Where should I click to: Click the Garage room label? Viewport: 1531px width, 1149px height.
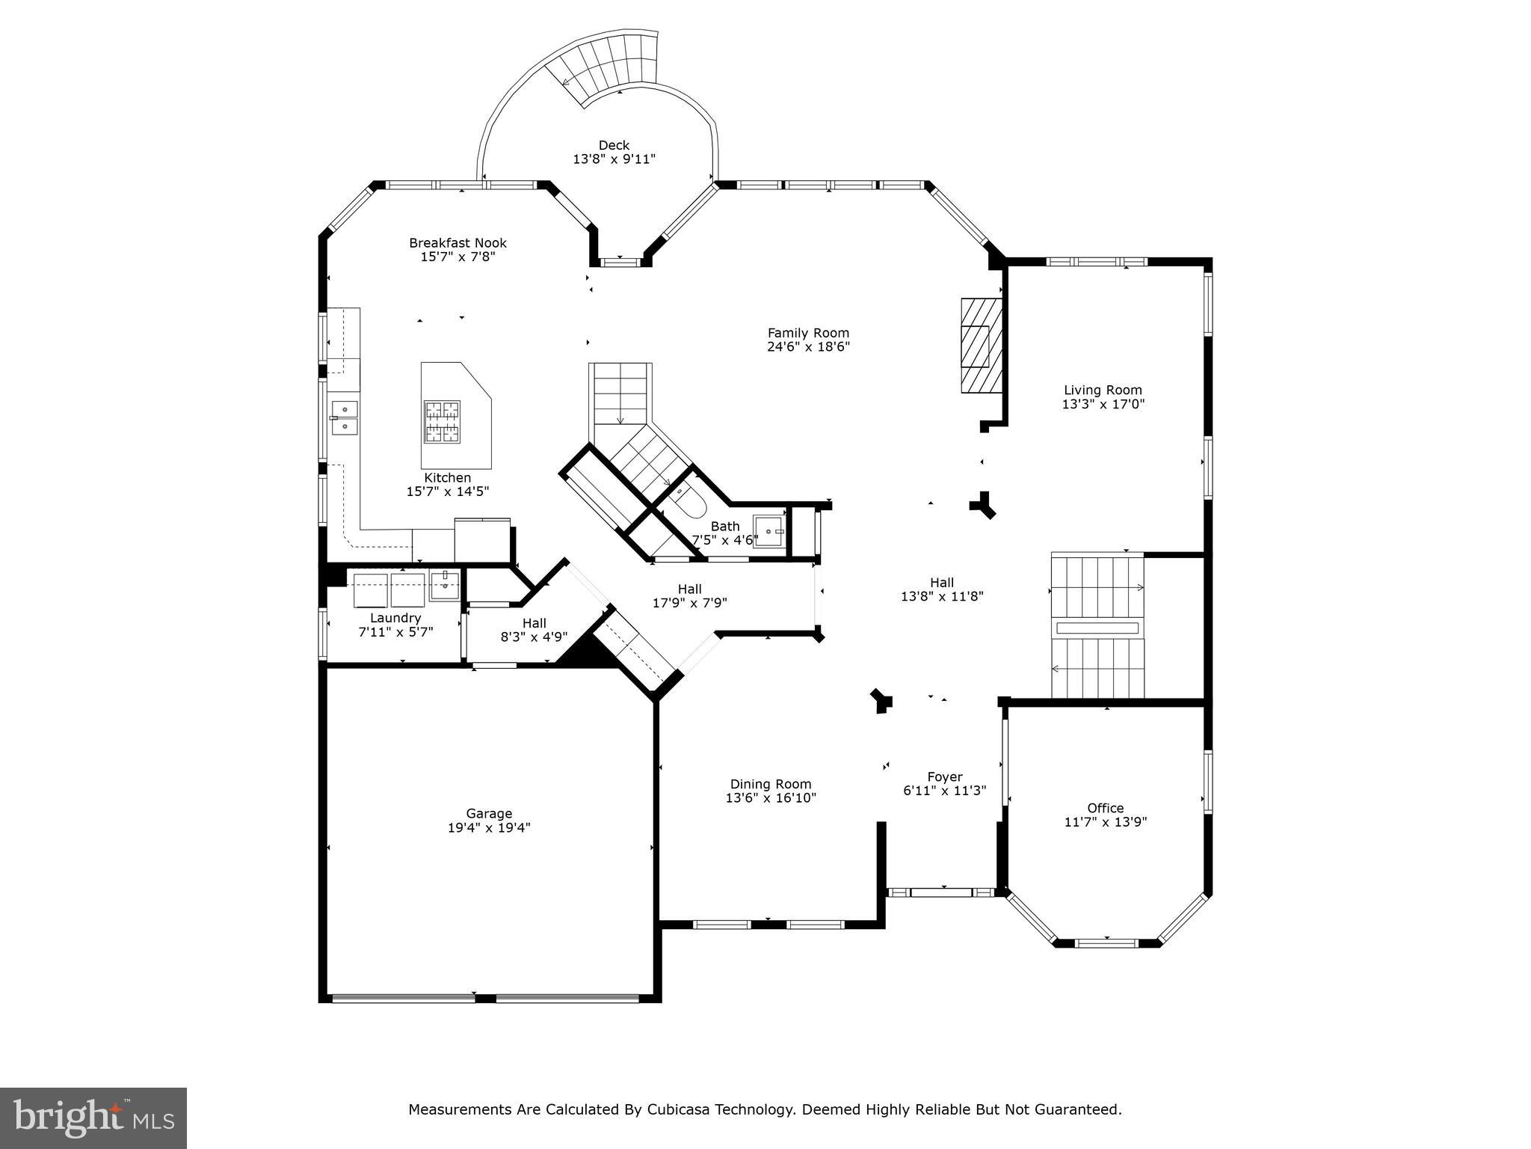489,813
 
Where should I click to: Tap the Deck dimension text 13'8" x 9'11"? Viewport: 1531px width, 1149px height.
614,159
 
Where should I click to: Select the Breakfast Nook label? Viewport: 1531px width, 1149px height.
458,243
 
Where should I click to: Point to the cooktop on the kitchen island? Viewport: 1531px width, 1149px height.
442,422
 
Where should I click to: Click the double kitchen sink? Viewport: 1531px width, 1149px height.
344,417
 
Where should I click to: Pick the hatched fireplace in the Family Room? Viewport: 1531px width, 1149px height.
980,345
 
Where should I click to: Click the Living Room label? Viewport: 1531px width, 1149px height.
1103,390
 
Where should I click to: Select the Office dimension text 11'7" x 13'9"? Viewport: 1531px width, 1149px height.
1105,821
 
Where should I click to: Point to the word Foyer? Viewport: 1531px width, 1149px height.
945,776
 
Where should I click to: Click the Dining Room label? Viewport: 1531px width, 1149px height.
771,784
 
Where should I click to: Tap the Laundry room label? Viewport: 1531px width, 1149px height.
395,618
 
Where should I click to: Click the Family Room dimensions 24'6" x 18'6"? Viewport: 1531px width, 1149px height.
808,346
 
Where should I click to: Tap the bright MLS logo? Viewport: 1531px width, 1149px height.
93,1118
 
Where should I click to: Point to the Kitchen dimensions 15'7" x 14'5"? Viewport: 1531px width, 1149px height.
447,491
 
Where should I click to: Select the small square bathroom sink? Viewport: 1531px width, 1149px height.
769,531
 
